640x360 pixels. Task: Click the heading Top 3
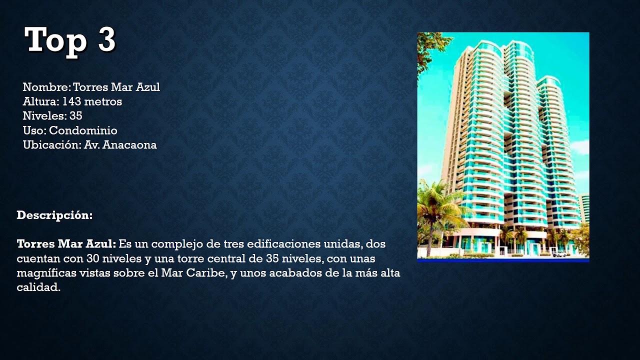pos(70,40)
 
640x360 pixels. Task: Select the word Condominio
pos(83,131)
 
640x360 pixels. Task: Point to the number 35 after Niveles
pos(76,116)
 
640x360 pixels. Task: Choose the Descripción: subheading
pos(54,215)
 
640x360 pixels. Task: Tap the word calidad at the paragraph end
pos(38,288)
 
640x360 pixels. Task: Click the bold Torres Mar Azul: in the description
pos(66,244)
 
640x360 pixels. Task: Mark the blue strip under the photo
pos(503,260)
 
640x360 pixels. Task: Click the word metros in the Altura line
pos(103,102)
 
